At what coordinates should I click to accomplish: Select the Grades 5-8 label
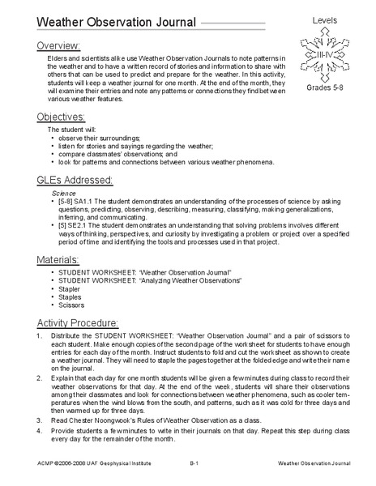pos(328,87)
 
